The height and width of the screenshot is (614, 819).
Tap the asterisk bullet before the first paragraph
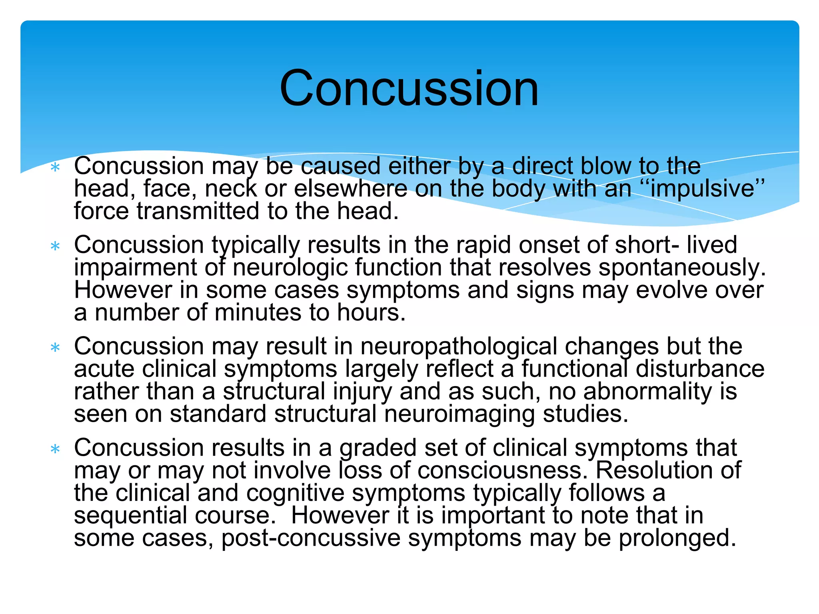(x=55, y=167)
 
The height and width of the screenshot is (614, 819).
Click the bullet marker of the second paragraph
(x=55, y=246)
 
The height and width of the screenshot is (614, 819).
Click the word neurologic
(x=290, y=267)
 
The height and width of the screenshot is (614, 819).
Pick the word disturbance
(x=700, y=369)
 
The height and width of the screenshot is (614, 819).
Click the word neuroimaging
(x=460, y=414)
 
